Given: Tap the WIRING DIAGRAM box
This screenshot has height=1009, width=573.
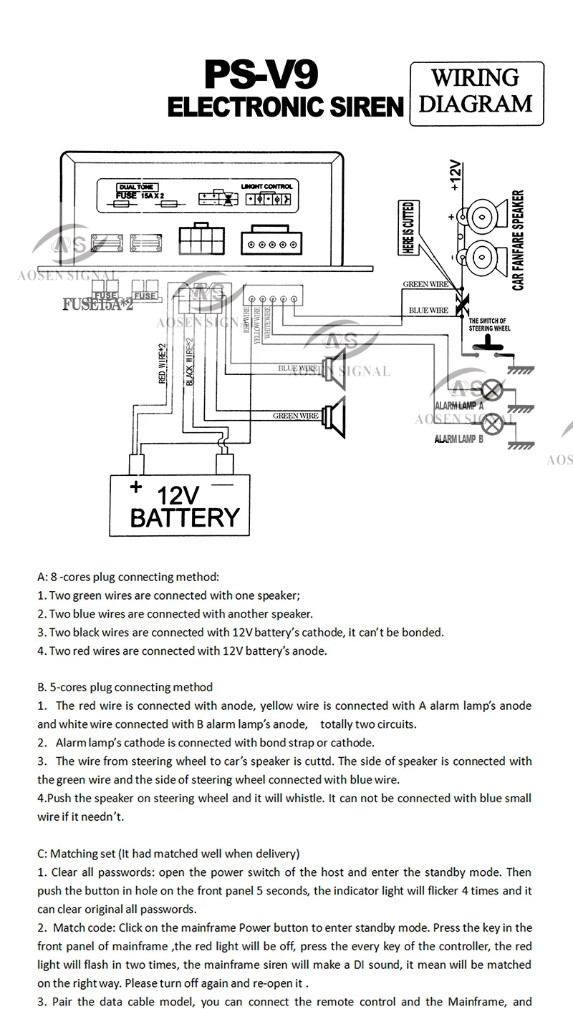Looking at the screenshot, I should tap(476, 92).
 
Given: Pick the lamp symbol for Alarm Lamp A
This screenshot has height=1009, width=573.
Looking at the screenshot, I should tap(492, 390).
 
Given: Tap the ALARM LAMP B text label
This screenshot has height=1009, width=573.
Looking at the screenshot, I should tap(459, 439).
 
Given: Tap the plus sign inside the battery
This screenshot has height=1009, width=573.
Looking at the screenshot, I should tap(135, 488).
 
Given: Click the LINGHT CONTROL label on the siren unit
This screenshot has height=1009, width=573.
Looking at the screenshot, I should tap(267, 186).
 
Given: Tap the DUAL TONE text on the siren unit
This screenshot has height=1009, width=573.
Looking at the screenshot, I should tap(131, 186).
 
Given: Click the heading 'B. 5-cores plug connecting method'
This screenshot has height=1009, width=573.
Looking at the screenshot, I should tap(125, 688).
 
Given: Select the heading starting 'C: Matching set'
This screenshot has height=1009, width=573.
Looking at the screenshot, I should tap(168, 854).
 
